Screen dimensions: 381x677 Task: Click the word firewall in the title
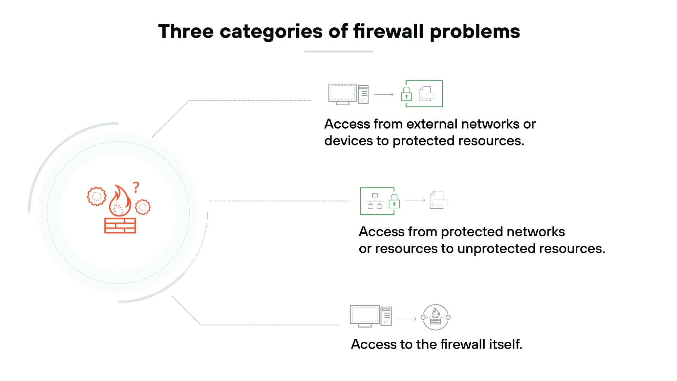(x=388, y=31)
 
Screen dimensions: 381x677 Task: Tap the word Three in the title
(x=186, y=31)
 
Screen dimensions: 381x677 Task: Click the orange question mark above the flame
(x=136, y=187)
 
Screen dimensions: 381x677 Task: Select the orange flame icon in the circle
(x=120, y=202)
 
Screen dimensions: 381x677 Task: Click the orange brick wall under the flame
(x=120, y=226)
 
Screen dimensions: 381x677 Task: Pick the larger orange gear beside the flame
(x=97, y=196)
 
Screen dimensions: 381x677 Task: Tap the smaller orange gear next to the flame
(x=143, y=207)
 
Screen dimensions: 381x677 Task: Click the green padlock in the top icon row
(x=406, y=94)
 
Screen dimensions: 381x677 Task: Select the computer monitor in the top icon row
(x=342, y=94)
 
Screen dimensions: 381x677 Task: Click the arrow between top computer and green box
(x=384, y=94)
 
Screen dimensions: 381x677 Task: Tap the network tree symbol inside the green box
(x=375, y=201)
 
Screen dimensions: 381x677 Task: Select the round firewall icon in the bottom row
(x=436, y=317)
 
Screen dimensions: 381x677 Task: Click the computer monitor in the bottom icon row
(x=364, y=316)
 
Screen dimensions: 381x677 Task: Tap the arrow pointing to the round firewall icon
(x=406, y=319)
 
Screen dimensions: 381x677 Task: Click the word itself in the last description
(x=506, y=344)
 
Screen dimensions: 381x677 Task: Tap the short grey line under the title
(x=338, y=51)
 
